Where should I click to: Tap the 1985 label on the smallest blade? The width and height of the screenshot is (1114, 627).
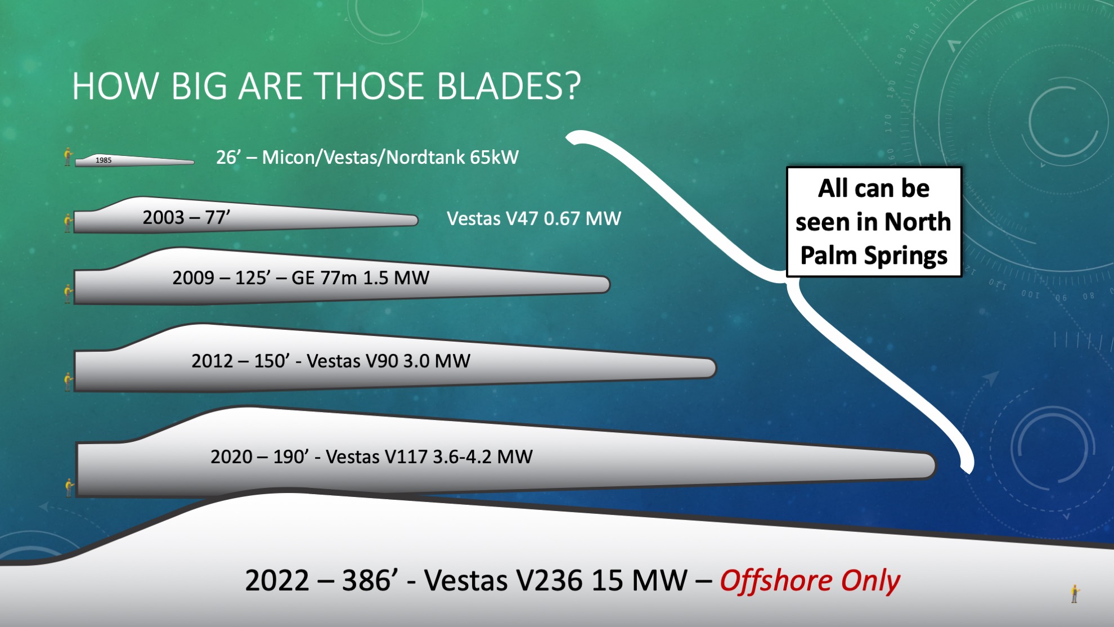coord(104,160)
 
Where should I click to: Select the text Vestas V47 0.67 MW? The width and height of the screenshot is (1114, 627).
coord(534,218)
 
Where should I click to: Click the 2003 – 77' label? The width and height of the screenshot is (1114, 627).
coord(186,217)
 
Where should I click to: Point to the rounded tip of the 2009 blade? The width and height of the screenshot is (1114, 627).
coord(607,284)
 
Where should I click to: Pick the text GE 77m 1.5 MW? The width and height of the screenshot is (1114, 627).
coord(361,278)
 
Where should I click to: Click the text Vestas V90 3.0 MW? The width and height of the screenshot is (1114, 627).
coord(388,361)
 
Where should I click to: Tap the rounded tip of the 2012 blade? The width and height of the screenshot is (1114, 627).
coord(712,368)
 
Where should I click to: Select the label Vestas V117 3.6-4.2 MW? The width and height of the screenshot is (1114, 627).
coord(429,456)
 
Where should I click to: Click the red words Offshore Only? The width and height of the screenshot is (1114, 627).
coord(810,581)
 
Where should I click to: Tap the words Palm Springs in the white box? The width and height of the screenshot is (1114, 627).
coord(874,256)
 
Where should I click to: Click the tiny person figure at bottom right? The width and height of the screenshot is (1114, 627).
coord(1075,594)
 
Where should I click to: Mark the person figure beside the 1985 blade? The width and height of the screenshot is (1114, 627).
coord(68,157)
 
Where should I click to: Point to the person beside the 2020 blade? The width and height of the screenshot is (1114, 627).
coord(69,487)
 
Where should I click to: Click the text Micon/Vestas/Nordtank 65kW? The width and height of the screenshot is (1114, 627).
coord(390,157)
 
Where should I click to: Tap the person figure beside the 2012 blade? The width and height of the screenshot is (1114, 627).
coord(69,382)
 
